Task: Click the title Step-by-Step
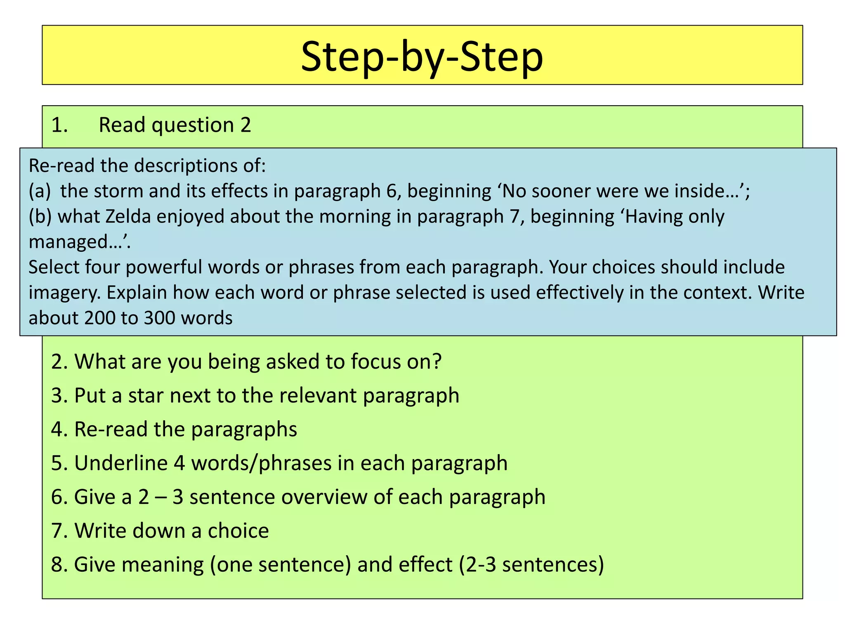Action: (422, 57)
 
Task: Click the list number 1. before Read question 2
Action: (59, 125)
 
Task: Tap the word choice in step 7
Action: (238, 531)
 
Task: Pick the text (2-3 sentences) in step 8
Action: (531, 565)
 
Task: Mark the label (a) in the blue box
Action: (39, 191)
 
